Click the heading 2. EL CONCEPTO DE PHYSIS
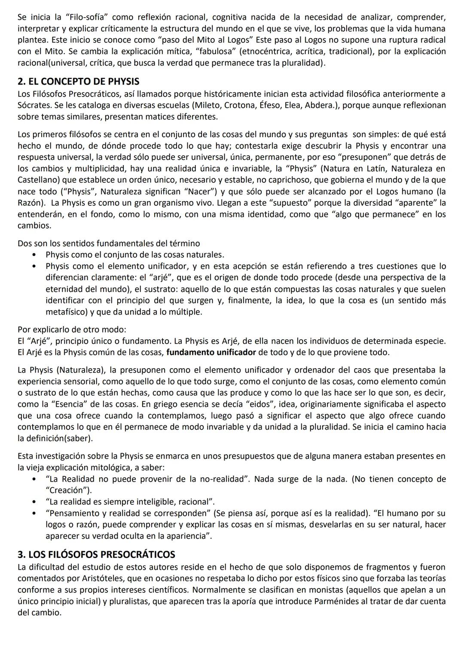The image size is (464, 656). [x=78, y=82]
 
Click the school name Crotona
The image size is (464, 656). [x=240, y=105]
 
